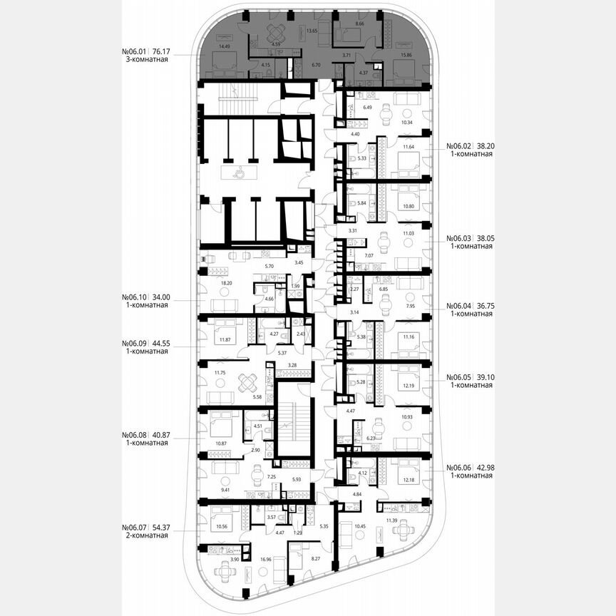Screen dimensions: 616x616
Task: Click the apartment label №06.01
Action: click(135, 51)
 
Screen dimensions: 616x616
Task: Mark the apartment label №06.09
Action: click(135, 342)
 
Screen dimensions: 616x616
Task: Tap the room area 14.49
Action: click(225, 46)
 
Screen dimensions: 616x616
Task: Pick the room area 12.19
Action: click(409, 386)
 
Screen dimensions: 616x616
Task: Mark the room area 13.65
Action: click(312, 31)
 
